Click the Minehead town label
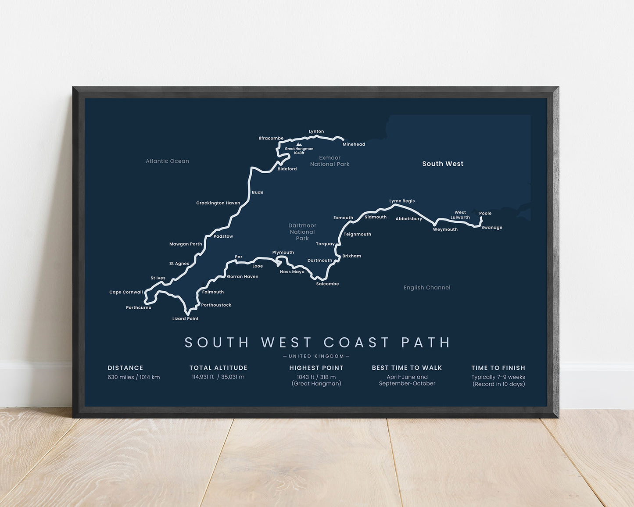point(354,144)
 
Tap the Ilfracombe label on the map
point(271,139)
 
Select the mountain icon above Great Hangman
point(299,144)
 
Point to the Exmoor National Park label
point(330,161)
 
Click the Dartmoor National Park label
point(302,232)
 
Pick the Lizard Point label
point(185,319)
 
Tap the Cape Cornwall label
point(126,292)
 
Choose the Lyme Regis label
point(402,201)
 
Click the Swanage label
point(491,228)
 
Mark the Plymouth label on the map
point(283,253)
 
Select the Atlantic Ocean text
point(167,161)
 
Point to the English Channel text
point(427,288)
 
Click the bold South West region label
point(443,164)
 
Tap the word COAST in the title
point(357,343)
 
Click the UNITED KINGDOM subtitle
point(316,356)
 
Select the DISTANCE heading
point(125,368)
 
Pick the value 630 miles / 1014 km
point(134,377)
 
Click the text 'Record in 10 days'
point(499,384)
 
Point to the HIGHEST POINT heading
point(316,368)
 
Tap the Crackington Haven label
point(218,203)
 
